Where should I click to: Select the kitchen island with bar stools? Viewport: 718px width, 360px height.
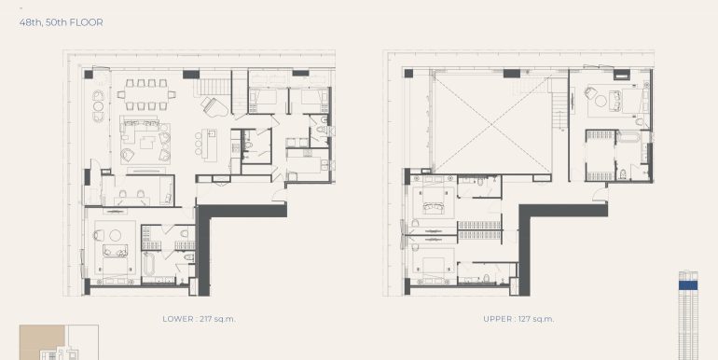(x=211, y=145)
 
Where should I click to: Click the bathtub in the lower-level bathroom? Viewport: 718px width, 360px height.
(x=149, y=263)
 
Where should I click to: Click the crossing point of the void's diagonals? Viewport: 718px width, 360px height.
(x=490, y=125)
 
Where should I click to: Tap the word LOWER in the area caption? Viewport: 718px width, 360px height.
(x=178, y=319)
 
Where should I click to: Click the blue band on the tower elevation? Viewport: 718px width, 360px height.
(x=688, y=284)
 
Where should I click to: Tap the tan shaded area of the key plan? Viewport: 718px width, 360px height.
(x=42, y=341)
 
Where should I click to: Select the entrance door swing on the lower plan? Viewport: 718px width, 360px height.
(x=279, y=196)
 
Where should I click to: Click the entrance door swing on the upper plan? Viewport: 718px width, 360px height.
(x=600, y=195)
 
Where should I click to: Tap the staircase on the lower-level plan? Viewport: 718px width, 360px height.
(x=214, y=87)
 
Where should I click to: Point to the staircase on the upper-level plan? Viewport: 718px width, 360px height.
(x=559, y=110)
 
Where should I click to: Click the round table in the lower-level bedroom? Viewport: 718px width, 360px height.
(x=116, y=235)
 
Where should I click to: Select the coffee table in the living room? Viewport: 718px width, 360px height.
(x=147, y=143)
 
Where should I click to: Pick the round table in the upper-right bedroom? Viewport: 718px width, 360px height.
(x=601, y=102)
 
